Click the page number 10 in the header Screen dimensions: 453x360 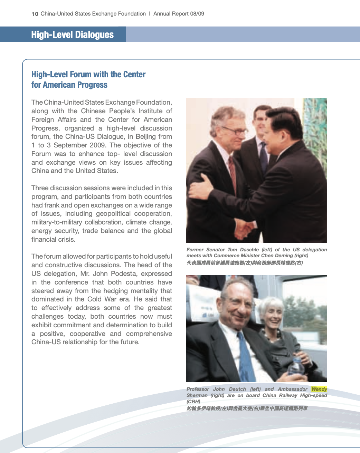point(35,14)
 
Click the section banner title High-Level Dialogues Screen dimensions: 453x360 point(72,35)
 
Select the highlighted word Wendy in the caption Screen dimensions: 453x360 point(319,389)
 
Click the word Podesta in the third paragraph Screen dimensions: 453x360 point(159,274)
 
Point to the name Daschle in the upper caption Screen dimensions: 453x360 point(248,250)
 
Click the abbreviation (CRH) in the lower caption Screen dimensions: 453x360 point(193,402)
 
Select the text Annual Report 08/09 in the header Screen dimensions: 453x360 point(179,14)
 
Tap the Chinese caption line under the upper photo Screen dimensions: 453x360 point(245,263)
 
